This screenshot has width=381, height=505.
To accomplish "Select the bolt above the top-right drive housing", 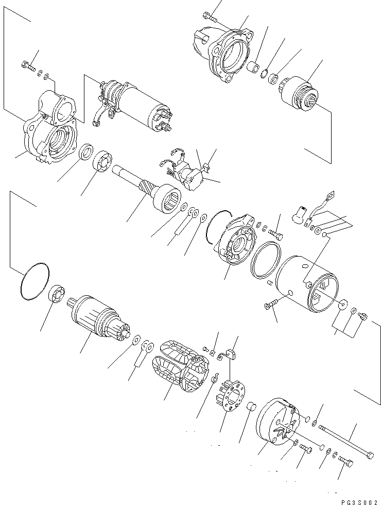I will [209, 16].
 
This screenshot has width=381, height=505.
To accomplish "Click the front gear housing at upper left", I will [51, 134].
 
